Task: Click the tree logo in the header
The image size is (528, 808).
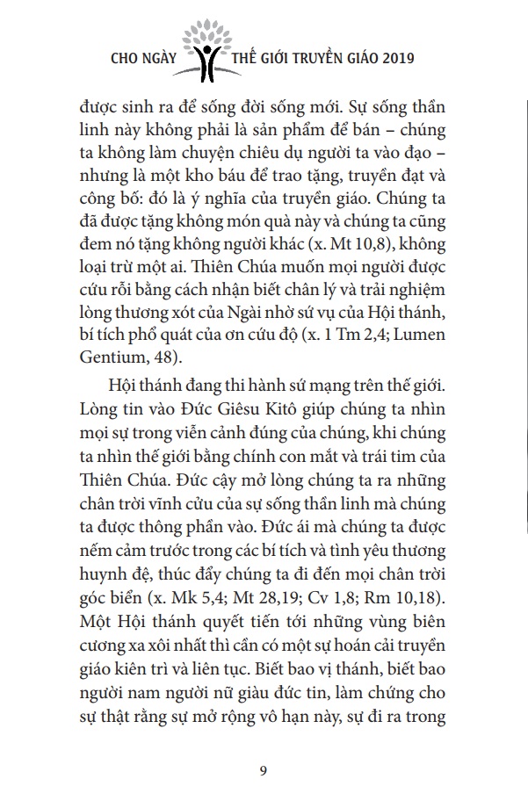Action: (211, 45)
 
